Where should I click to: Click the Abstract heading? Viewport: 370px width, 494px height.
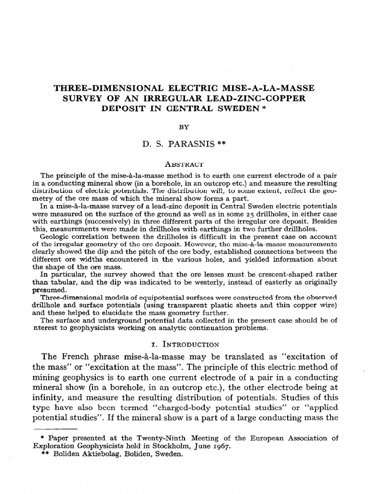(x=185, y=164)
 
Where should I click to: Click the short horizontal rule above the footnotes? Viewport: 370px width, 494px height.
(x=55, y=428)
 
